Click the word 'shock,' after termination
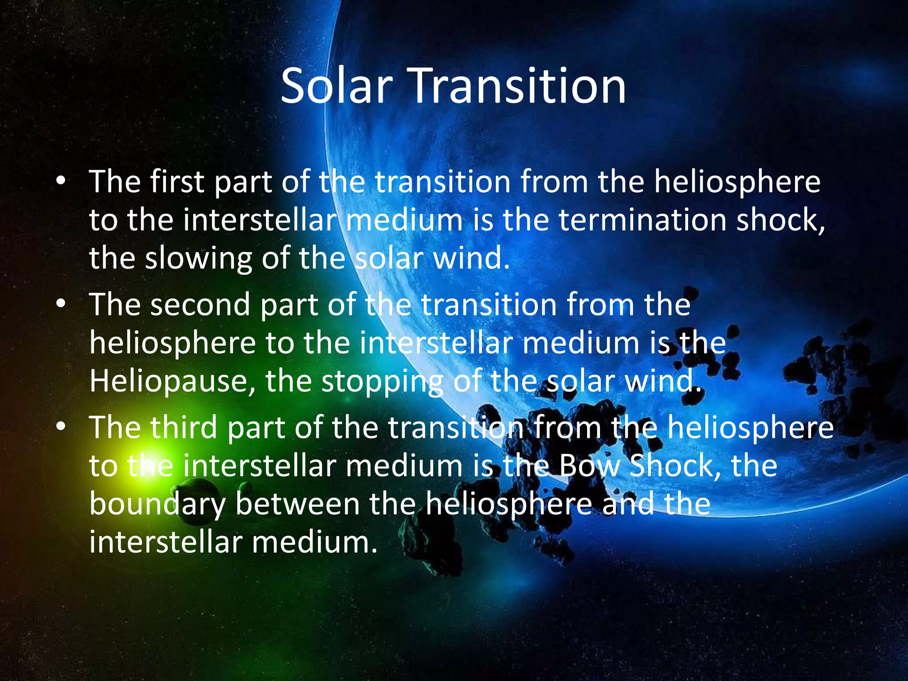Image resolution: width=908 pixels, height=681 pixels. pyautogui.click(x=781, y=220)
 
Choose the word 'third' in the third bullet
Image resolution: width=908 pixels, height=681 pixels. pyautogui.click(x=184, y=428)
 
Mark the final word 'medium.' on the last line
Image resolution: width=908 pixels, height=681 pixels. pyautogui.click(x=315, y=542)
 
